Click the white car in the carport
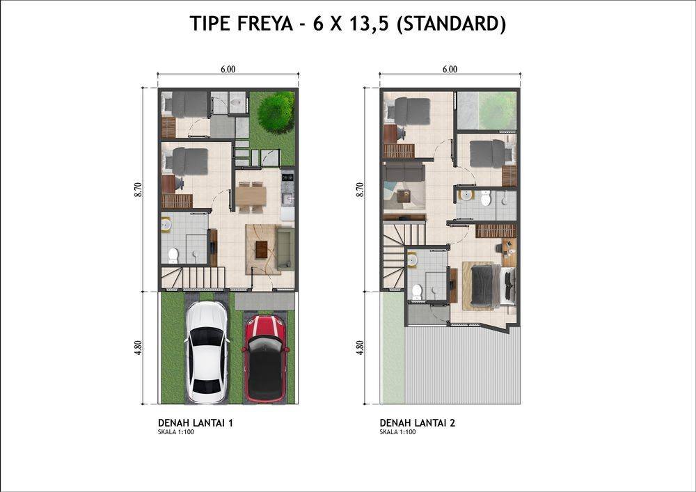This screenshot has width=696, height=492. (x=207, y=352)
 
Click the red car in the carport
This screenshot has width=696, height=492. (x=266, y=358)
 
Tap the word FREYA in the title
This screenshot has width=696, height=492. (x=265, y=24)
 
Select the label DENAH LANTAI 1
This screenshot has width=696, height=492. (x=196, y=423)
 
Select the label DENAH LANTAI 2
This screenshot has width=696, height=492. (x=417, y=423)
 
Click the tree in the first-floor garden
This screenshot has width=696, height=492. (x=276, y=112)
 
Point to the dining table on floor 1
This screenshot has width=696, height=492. (x=251, y=196)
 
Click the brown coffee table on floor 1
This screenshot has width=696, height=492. (x=262, y=249)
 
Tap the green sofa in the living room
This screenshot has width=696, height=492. (x=285, y=248)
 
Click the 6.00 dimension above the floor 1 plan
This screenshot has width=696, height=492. (x=228, y=69)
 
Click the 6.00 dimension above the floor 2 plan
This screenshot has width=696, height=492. (x=450, y=69)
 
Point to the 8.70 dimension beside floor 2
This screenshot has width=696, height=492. (x=360, y=189)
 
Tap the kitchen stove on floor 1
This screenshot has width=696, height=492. (x=287, y=177)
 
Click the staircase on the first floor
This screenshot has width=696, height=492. (x=193, y=278)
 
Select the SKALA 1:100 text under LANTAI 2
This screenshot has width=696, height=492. (x=397, y=432)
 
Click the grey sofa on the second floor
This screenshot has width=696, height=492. (x=404, y=172)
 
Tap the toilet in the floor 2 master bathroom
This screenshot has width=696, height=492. (x=416, y=292)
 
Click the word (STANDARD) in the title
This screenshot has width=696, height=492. (x=451, y=24)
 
